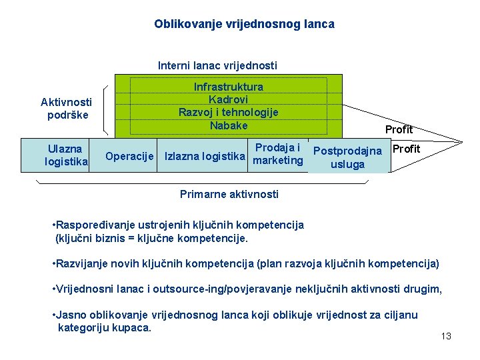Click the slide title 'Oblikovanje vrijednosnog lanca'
tap(244, 24)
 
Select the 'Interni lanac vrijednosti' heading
tap(217, 65)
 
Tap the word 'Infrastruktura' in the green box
tap(228, 87)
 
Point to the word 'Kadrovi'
tap(228, 99)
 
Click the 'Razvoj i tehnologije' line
tap(228, 112)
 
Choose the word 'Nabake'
tap(228, 125)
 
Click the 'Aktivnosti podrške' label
tap(66, 108)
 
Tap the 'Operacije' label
tap(129, 155)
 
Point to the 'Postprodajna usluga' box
tap(347, 157)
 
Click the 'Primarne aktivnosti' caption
tap(229, 194)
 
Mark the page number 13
tap(446, 336)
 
